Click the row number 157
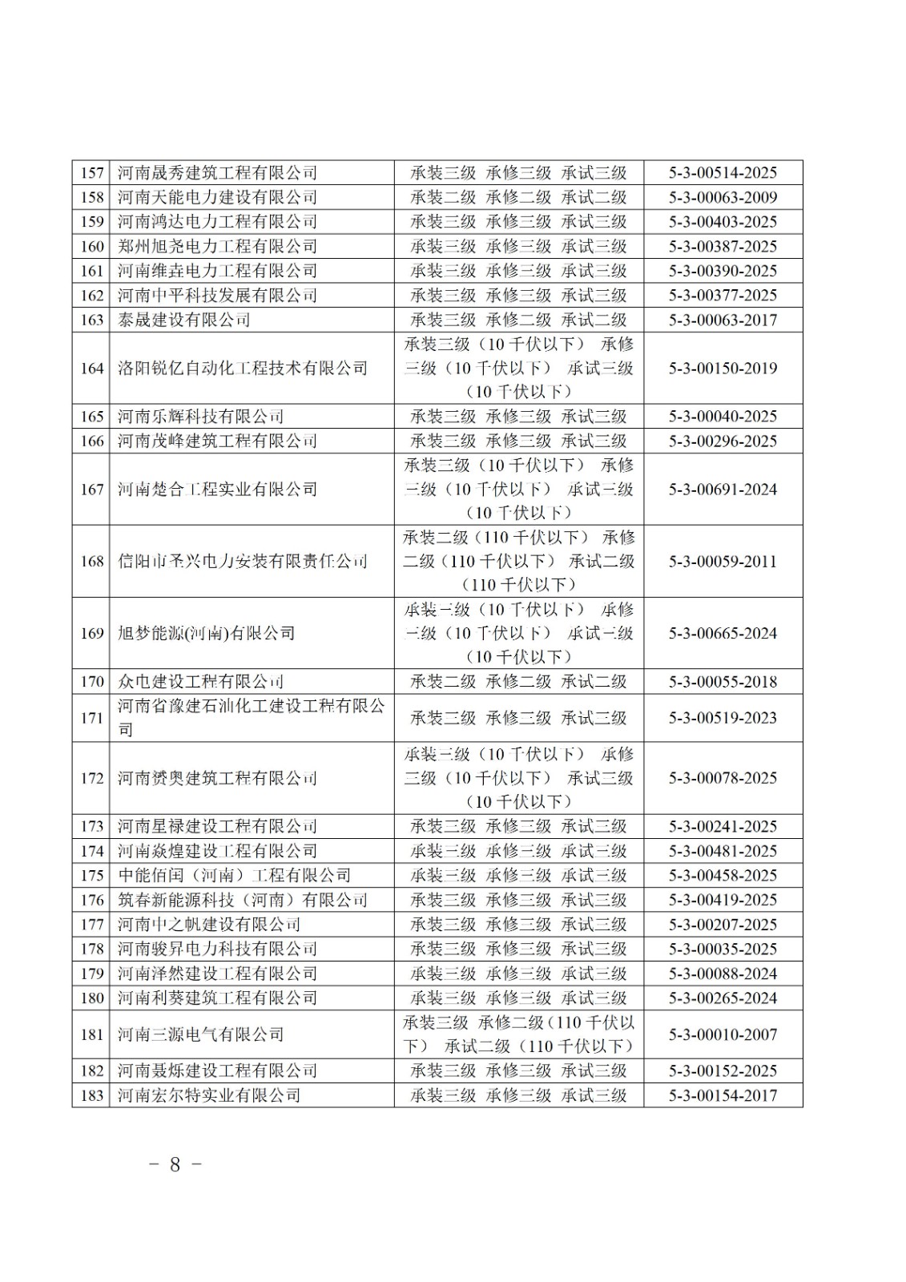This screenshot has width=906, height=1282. [x=92, y=173]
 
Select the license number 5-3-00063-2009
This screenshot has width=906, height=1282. [x=723, y=197]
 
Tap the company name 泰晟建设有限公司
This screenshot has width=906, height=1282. [x=184, y=320]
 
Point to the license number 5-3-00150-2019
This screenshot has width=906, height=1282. [x=723, y=369]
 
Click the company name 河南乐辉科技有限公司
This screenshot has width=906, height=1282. [x=201, y=417]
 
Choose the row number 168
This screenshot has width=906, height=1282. [x=92, y=562]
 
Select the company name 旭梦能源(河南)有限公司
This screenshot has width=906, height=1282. [x=207, y=633]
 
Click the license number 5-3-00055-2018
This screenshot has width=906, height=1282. [x=723, y=682]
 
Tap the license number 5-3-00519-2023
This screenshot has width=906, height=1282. [x=723, y=718]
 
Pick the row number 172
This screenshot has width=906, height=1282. [x=92, y=778]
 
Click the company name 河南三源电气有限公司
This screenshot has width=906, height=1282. [x=201, y=1034]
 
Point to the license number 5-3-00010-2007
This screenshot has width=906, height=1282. [x=723, y=1034]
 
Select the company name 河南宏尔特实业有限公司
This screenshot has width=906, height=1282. [x=209, y=1095]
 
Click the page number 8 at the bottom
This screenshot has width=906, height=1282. [x=175, y=1164]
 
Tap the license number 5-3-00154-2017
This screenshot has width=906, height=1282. [x=723, y=1095]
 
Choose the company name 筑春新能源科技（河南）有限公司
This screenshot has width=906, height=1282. [x=243, y=900]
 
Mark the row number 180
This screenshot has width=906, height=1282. [x=92, y=998]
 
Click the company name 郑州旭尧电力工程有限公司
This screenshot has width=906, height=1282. [x=218, y=246]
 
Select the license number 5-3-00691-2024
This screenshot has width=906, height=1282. [x=723, y=490]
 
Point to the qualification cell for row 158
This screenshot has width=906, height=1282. [x=518, y=197]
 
